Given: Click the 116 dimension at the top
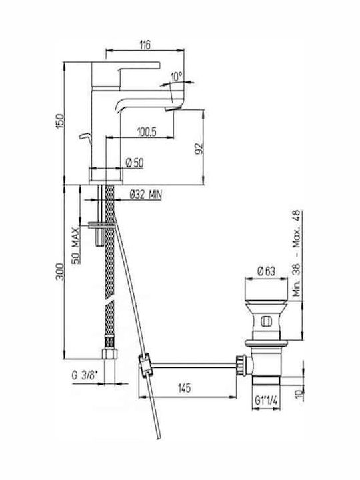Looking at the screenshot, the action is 145,45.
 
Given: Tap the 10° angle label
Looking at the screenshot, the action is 177,77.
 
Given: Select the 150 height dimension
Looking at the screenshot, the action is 60,121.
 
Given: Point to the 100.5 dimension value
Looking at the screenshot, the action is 147,132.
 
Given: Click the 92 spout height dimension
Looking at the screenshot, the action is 199,149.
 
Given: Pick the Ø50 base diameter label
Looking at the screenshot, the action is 135,163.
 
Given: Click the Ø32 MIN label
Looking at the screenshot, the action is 146,195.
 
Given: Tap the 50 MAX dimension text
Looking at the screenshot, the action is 76,245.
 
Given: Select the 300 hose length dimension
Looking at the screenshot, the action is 60,271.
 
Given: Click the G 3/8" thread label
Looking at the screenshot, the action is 85,375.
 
